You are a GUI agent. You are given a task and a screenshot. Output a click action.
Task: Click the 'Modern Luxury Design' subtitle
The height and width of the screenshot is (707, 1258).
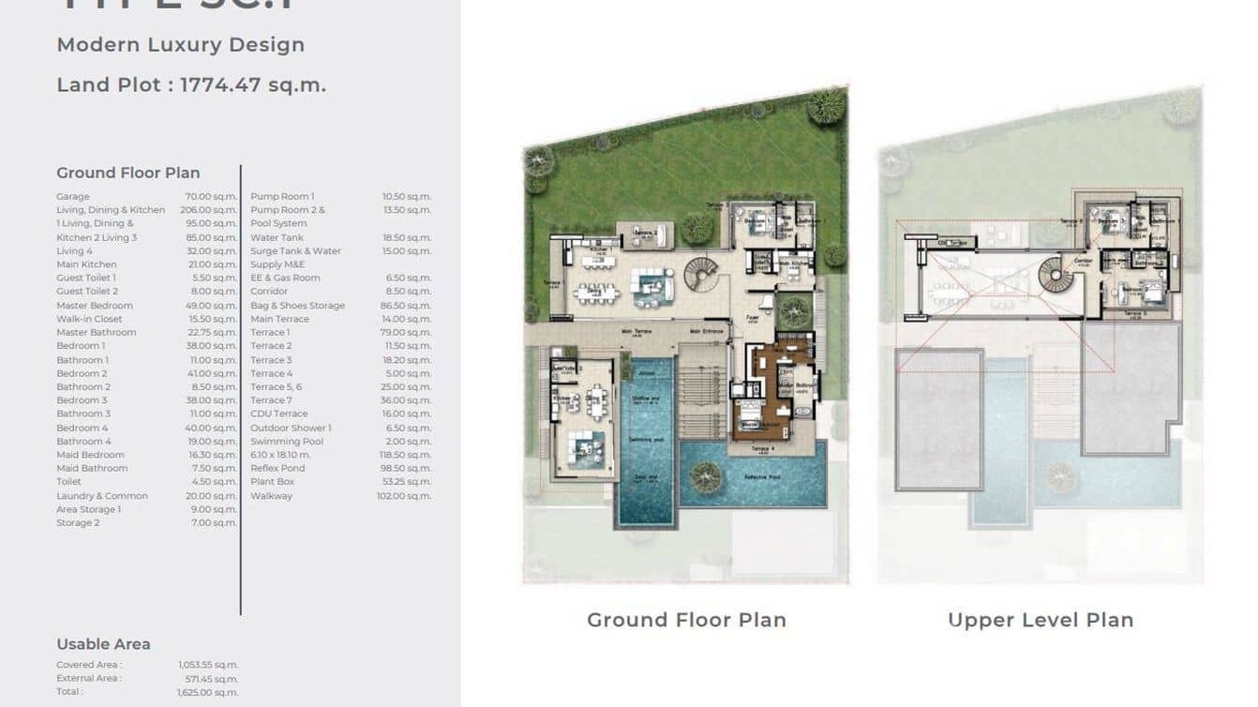pos(180,44)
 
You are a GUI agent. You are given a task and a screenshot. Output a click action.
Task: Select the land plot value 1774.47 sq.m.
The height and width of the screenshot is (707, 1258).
pos(252,84)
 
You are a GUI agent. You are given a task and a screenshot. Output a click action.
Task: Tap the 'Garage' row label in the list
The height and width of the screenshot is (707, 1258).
pos(73,197)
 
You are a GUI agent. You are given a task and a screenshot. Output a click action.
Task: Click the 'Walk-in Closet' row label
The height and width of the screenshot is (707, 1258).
pos(89,319)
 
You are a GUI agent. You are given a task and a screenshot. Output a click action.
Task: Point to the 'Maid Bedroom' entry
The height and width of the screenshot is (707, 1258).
pos(90,455)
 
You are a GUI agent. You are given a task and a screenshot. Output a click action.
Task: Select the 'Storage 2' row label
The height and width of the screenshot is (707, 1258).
pos(78,522)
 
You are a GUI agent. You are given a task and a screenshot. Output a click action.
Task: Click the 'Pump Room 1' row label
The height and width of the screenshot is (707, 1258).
pos(282,197)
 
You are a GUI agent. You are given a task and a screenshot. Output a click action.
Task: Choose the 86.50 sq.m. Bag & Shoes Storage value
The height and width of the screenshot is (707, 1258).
pos(407,306)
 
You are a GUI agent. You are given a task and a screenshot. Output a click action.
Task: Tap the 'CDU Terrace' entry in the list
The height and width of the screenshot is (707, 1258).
pos(278,414)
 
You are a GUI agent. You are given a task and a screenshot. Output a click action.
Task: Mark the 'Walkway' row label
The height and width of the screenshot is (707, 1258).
pos(271,496)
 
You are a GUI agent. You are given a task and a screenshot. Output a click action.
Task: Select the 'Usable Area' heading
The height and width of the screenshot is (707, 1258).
pos(103,644)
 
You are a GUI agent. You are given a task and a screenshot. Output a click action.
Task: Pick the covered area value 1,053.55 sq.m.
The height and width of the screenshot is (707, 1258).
pos(207,665)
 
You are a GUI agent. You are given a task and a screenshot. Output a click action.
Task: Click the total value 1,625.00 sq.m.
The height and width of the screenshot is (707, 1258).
pos(207,692)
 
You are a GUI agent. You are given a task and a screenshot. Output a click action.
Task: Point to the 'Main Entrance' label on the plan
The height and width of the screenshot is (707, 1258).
pos(708,331)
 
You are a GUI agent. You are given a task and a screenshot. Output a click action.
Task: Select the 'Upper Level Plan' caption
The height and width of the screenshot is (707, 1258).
pos(1041,620)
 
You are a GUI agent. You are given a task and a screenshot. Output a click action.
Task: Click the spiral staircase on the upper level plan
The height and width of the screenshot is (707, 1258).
pos(1055,276)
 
